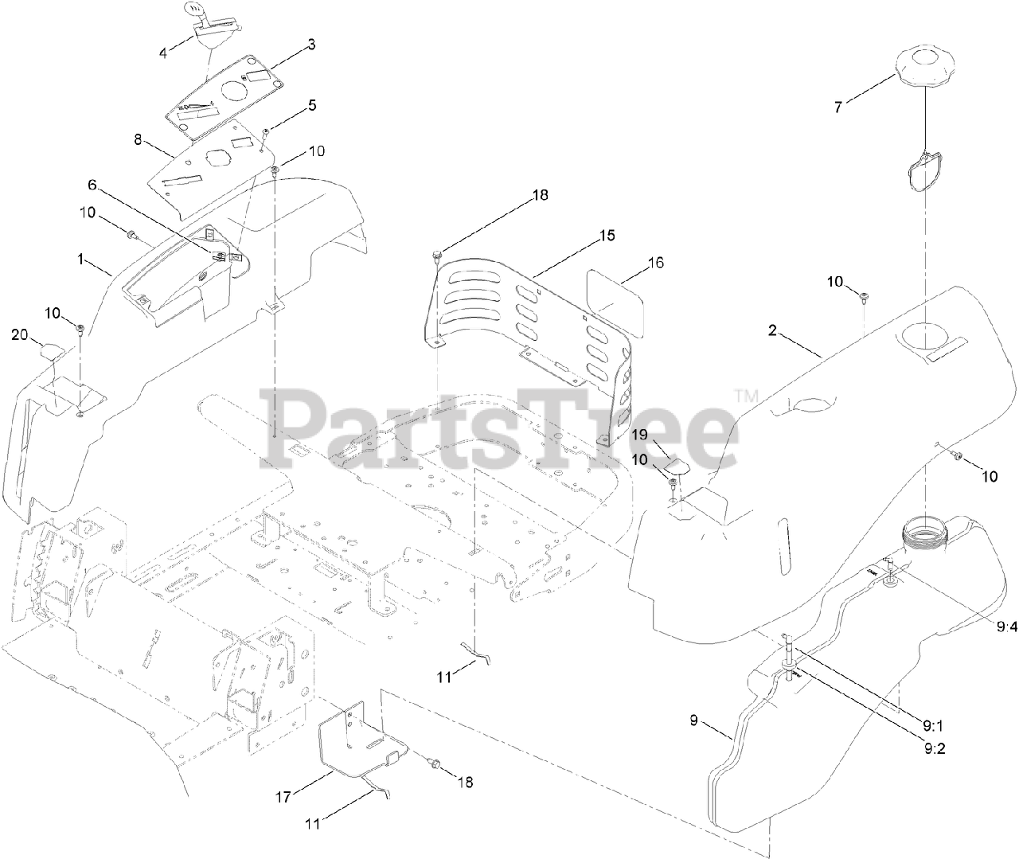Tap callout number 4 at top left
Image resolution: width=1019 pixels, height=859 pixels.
point(163,53)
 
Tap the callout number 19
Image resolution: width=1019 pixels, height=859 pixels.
point(641,435)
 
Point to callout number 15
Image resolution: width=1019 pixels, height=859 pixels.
point(607,236)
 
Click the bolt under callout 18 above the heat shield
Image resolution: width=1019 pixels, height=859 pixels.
point(436,255)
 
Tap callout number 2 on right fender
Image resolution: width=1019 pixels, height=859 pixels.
point(771,331)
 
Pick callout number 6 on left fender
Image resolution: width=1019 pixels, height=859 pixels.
point(92,184)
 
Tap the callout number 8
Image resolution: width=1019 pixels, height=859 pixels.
point(138,139)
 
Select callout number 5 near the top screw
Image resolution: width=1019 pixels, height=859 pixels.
point(312,104)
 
